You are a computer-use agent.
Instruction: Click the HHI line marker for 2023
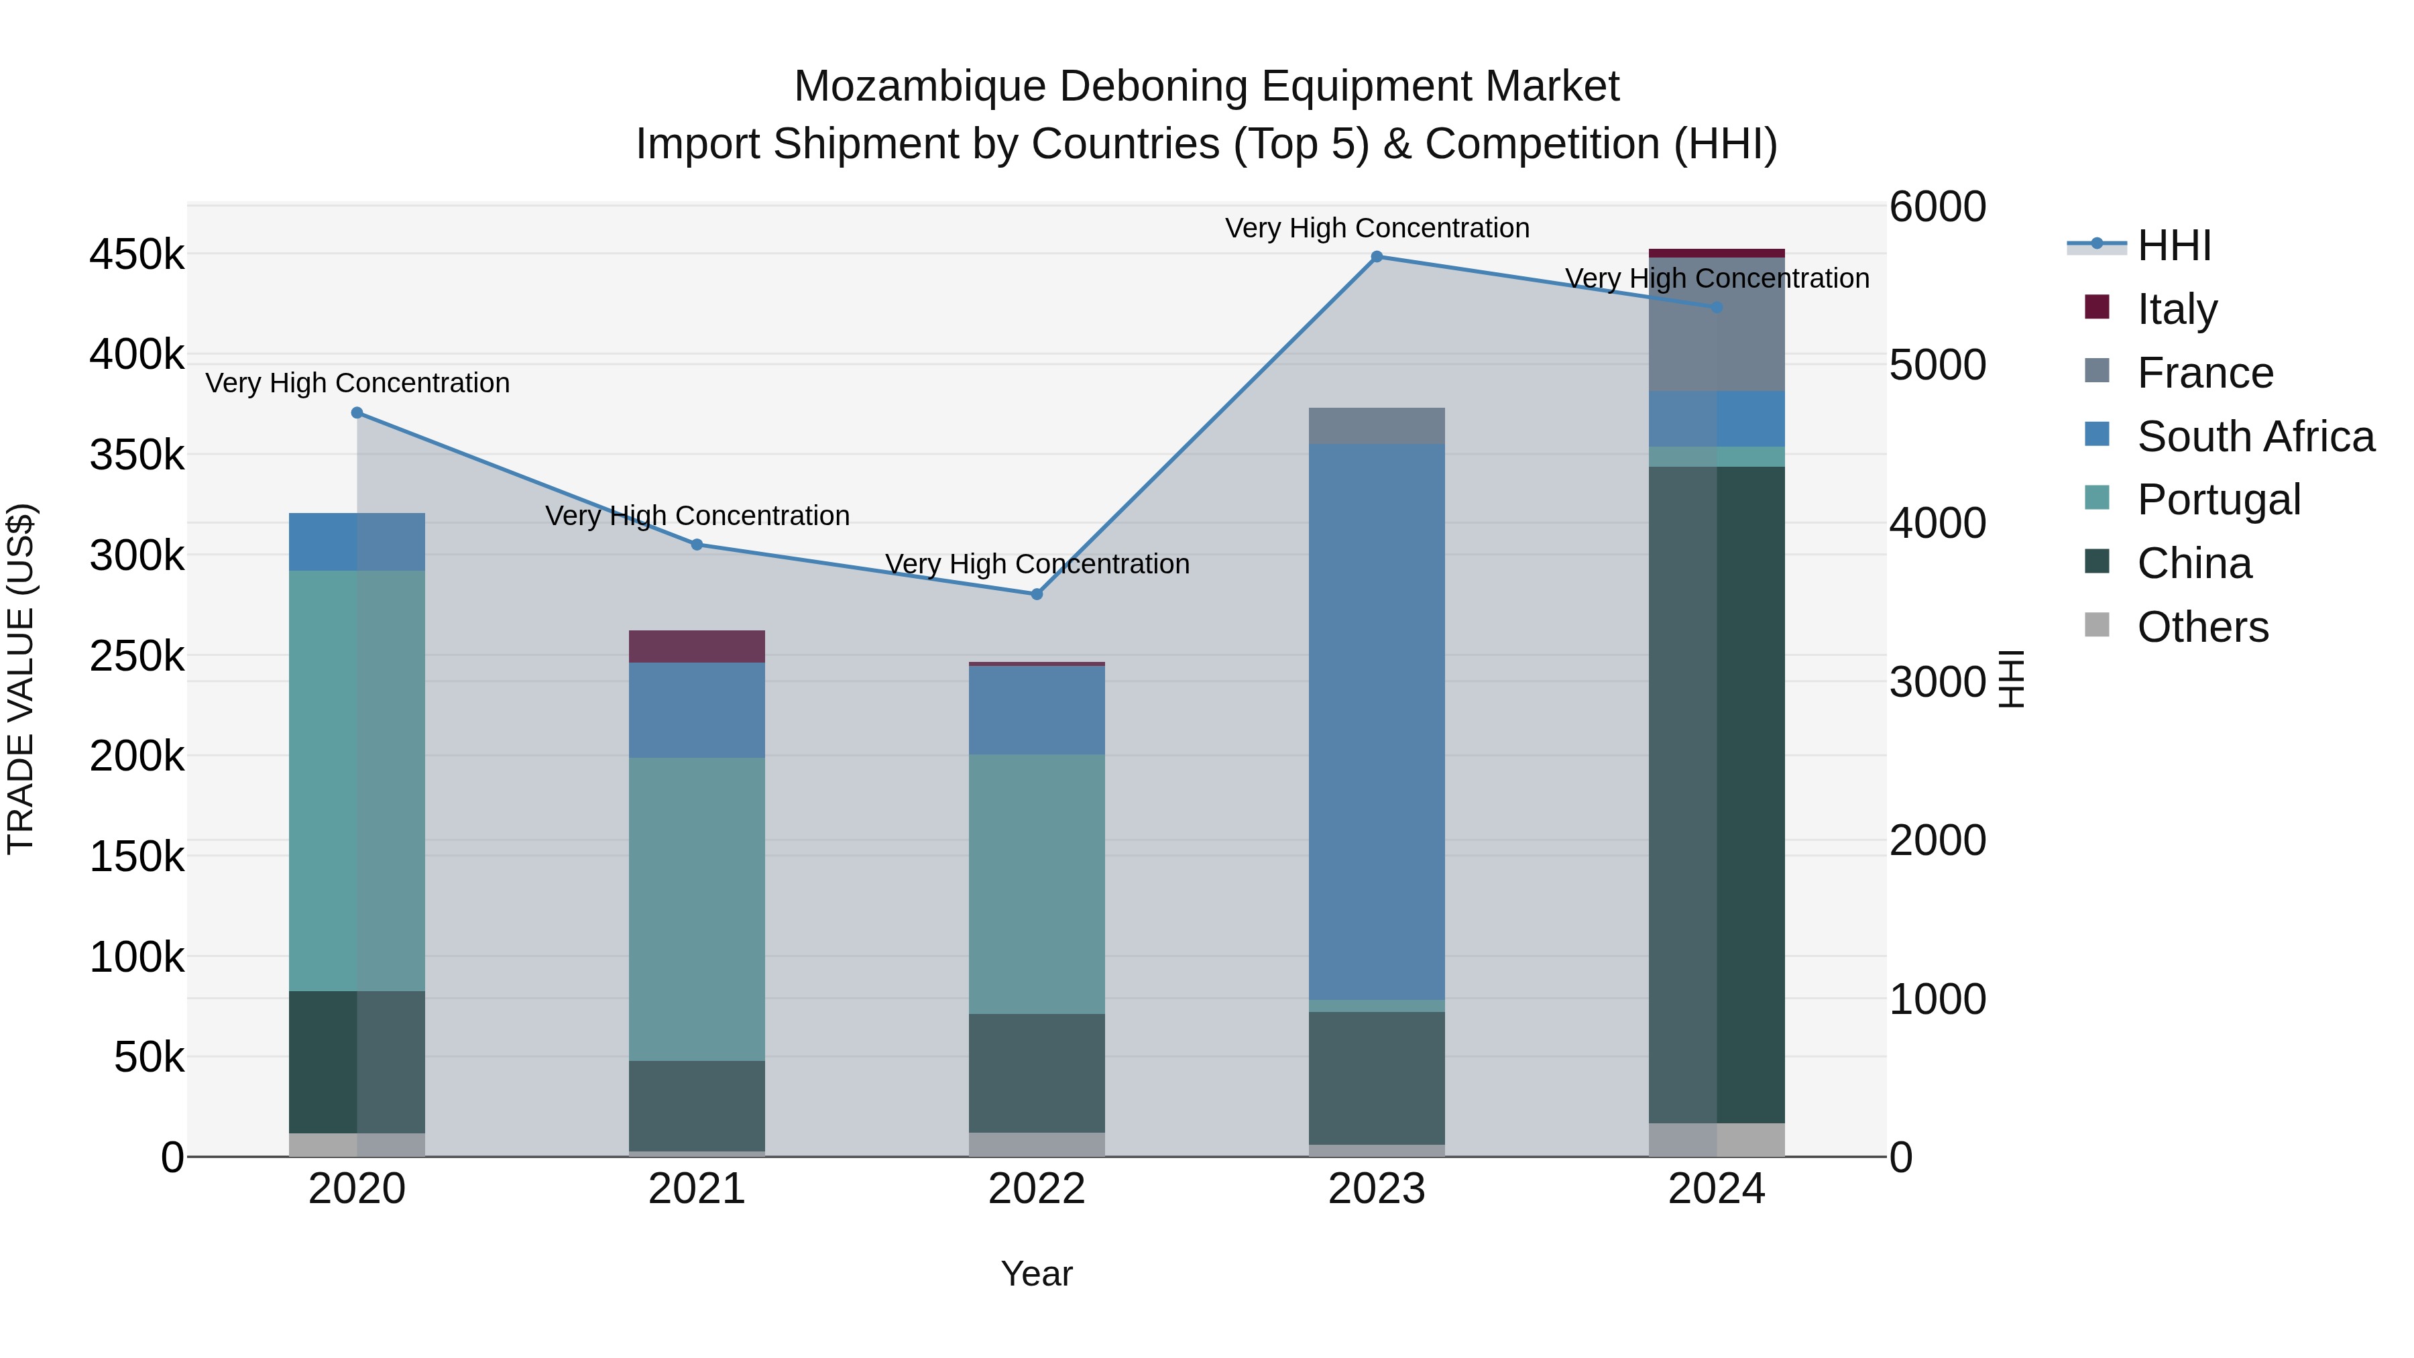click(x=1377, y=257)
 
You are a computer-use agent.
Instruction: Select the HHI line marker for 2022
click(x=1037, y=594)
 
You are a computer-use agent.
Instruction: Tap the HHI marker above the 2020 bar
click(x=357, y=413)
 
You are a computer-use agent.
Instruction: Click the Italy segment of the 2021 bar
click(x=696, y=646)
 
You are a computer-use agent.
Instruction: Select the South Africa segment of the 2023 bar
click(x=1377, y=722)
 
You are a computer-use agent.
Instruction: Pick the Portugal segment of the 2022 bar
click(x=1037, y=884)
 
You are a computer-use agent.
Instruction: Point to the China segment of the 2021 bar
click(x=696, y=1106)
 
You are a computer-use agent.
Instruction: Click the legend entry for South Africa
click(x=2254, y=437)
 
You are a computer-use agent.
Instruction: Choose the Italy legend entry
click(x=2176, y=309)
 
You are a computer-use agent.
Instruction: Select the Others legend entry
click(x=2202, y=627)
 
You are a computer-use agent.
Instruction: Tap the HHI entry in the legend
click(x=2173, y=245)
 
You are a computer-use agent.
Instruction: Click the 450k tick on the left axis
click(x=137, y=255)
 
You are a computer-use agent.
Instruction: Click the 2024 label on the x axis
click(x=1717, y=1189)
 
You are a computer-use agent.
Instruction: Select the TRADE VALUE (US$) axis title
click(x=21, y=679)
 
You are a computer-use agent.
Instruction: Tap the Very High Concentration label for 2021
click(x=697, y=516)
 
